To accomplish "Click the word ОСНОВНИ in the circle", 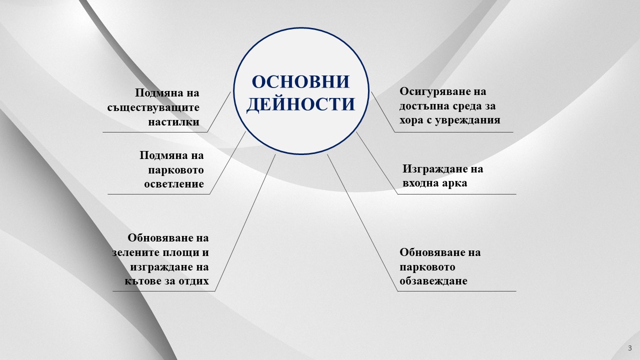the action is [301, 81].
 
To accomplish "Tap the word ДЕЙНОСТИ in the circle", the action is [301, 104].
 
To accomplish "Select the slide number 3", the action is [630, 348].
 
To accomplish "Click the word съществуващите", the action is [153, 107].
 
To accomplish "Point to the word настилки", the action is [173, 122].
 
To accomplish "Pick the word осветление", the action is [174, 183].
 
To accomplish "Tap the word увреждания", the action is [467, 120].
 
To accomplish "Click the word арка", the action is [454, 183].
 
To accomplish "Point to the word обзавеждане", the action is [433, 281].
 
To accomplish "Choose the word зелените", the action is [135, 252].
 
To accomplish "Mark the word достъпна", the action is [423, 106].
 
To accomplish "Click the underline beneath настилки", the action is [155, 132].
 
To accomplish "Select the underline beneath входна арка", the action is [456, 194].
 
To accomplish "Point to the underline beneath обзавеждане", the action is [456, 291].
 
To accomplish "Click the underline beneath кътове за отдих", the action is [163, 291].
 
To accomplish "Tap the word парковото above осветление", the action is [176, 170].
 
